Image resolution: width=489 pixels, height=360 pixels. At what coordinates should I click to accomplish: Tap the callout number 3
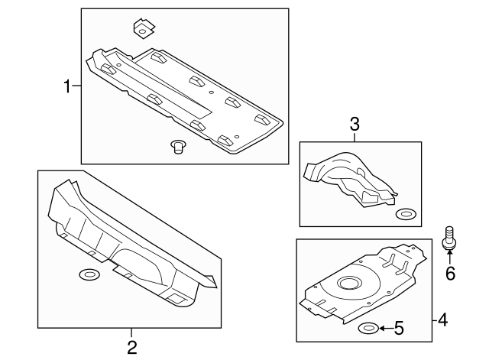[355, 123]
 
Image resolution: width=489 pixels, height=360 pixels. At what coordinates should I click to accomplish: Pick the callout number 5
[399, 329]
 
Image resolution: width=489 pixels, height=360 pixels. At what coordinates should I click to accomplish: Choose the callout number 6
[450, 271]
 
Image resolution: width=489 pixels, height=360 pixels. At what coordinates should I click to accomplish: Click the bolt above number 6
[449, 236]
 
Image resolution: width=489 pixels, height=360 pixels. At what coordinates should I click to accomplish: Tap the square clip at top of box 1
[142, 28]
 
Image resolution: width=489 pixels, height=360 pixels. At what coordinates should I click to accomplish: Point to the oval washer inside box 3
[406, 214]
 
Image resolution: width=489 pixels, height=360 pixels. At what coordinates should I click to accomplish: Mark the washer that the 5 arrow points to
[368, 329]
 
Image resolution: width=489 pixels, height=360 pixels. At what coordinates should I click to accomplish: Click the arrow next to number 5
[384, 329]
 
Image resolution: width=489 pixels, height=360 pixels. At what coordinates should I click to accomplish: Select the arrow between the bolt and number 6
[450, 256]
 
